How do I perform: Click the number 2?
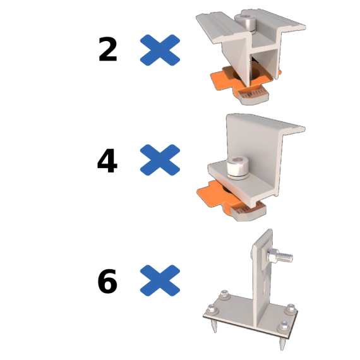(x=107, y=50)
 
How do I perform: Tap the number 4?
(x=107, y=160)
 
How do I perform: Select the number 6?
(x=107, y=281)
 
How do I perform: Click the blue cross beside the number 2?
(x=160, y=50)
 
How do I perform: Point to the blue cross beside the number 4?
(x=160, y=160)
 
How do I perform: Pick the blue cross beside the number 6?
(x=160, y=280)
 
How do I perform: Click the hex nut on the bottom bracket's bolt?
(x=273, y=255)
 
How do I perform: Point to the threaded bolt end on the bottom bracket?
(x=285, y=257)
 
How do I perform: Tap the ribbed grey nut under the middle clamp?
(x=249, y=212)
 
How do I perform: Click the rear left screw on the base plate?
(x=224, y=294)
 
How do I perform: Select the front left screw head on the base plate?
(x=213, y=309)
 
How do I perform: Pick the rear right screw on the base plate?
(x=291, y=309)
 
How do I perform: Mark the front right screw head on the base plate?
(x=284, y=327)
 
